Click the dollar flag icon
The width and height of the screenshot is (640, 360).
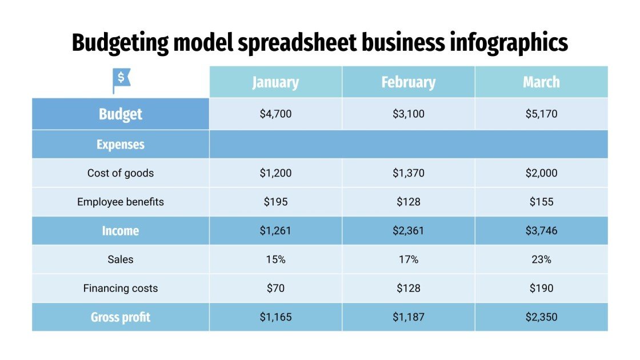click(x=121, y=81)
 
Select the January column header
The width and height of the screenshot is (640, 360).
click(x=275, y=82)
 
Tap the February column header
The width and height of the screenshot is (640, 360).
click(x=408, y=82)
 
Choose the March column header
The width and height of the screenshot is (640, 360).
click(x=541, y=82)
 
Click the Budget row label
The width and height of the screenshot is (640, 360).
click(x=121, y=114)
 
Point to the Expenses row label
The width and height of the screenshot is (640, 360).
click(x=121, y=145)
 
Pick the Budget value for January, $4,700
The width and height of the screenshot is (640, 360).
click(x=275, y=114)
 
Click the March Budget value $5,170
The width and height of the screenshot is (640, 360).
click(x=541, y=114)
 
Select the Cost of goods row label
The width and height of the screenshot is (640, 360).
click(x=121, y=173)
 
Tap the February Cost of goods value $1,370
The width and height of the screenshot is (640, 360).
click(x=408, y=173)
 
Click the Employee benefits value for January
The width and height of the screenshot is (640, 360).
click(x=275, y=202)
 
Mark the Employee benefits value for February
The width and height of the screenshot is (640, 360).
click(x=408, y=202)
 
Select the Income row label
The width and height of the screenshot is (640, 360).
click(x=121, y=231)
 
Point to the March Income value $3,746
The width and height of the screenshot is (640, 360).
click(x=541, y=231)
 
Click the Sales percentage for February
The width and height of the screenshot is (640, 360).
click(x=408, y=259)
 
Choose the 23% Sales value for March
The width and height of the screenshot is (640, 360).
click(x=541, y=259)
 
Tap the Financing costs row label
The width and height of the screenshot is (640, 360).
click(x=121, y=288)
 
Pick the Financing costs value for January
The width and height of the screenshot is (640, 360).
click(x=275, y=288)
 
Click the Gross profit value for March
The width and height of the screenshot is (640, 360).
click(x=541, y=317)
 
